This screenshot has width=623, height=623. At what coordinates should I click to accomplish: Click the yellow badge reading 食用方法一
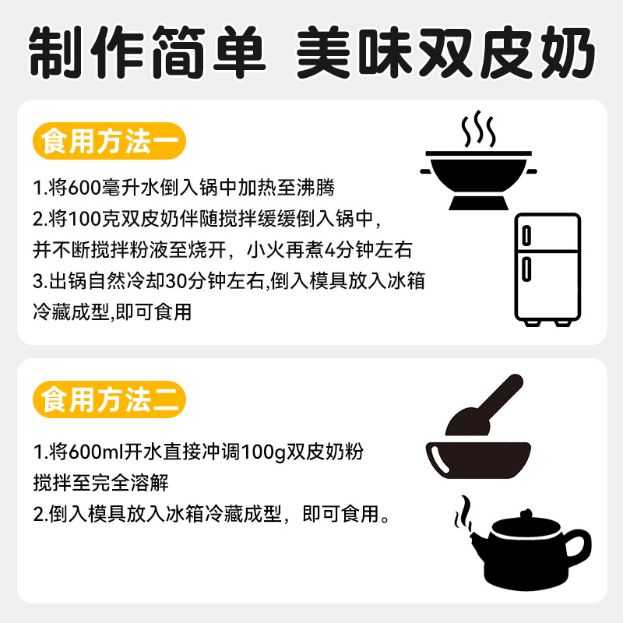(x=111, y=140)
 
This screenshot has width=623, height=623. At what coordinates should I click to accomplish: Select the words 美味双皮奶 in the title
(x=442, y=52)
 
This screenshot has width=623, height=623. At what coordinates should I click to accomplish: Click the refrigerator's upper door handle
(x=526, y=234)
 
